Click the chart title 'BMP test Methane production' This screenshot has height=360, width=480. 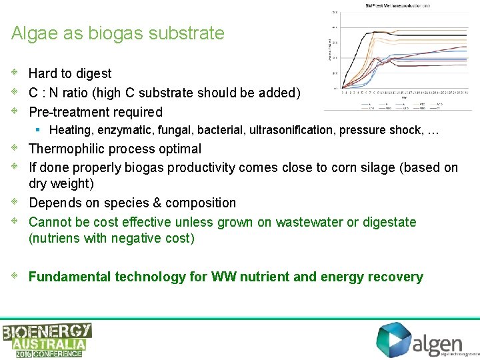[x=397, y=6]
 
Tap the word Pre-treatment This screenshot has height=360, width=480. [x=71, y=112]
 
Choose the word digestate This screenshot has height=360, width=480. [x=386, y=222]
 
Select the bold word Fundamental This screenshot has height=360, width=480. [x=70, y=277]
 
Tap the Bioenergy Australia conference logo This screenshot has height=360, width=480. [x=47, y=340]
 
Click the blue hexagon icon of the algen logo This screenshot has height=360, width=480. [x=393, y=340]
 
